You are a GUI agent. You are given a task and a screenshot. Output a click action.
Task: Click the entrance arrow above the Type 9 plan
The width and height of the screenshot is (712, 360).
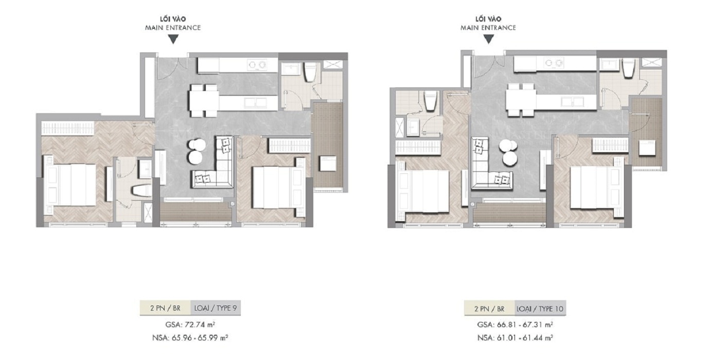173,39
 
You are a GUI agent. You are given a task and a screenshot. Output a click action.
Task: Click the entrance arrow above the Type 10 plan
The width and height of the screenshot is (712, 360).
489,39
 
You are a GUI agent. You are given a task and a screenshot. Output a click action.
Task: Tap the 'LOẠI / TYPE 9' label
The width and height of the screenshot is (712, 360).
216,308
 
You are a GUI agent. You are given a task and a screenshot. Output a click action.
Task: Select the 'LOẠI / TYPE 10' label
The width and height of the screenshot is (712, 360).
540,309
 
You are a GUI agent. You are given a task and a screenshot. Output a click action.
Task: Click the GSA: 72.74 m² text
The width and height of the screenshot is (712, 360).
190,325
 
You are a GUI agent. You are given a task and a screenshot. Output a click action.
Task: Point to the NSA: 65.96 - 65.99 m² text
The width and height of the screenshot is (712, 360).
190,338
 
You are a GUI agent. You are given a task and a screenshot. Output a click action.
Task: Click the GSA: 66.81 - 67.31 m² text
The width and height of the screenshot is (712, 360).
515,325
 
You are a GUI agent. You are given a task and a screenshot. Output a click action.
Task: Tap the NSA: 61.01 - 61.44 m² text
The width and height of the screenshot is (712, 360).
515,338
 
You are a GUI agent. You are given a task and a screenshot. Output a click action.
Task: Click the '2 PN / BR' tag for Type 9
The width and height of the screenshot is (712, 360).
165,308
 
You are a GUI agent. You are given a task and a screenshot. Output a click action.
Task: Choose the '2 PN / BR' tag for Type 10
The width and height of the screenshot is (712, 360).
490,309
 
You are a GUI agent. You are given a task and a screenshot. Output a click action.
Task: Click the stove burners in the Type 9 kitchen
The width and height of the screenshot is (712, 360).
257,65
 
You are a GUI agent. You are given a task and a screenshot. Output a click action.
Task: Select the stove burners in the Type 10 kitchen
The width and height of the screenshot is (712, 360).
554,63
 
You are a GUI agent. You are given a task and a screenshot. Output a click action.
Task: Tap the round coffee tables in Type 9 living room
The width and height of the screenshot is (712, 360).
196,152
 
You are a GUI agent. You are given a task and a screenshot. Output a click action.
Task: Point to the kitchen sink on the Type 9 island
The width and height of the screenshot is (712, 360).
255,103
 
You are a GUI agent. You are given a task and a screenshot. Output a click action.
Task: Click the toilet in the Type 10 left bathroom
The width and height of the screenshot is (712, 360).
431,100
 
